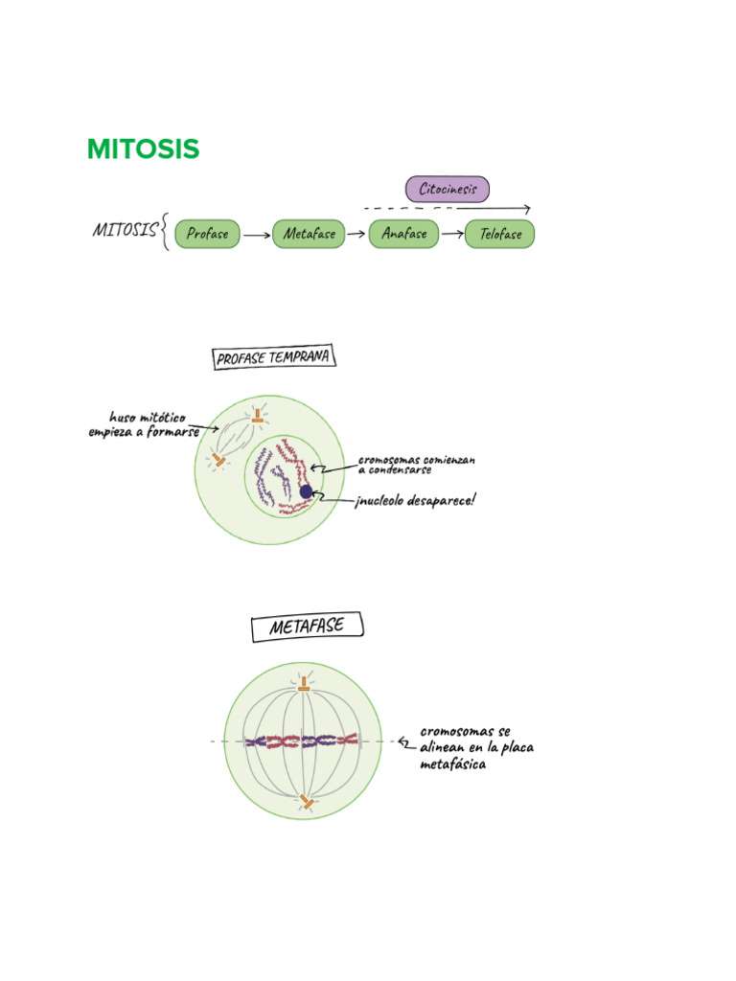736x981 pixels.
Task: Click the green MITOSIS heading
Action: point(143,149)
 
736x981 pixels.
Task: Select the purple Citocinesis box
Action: point(447,189)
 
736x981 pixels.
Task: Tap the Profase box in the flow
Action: point(207,234)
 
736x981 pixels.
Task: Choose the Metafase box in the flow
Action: point(309,234)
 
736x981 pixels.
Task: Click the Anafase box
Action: point(403,234)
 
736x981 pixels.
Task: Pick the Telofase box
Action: point(499,234)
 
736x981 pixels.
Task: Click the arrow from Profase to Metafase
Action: point(256,234)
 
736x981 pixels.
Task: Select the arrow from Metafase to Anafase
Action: point(356,234)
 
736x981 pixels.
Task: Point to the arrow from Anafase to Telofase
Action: point(451,234)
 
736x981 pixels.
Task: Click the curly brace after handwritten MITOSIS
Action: point(166,232)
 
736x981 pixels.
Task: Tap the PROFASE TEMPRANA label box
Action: point(273,358)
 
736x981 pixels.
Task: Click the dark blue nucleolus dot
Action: point(306,491)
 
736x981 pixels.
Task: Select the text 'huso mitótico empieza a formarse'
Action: point(144,424)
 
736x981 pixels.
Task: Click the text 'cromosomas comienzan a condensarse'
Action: point(416,465)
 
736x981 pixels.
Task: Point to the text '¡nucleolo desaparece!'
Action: point(414,500)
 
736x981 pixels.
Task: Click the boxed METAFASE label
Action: point(309,627)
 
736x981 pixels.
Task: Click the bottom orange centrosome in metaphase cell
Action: point(306,801)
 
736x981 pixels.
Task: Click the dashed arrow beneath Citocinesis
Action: point(447,208)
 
